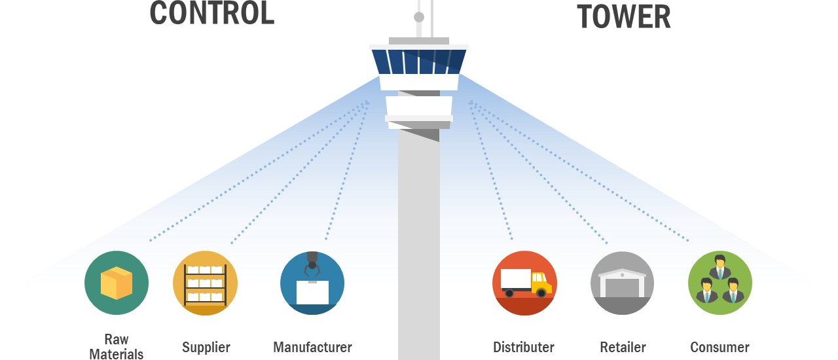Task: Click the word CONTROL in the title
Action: (x=211, y=13)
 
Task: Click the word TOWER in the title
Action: (x=623, y=16)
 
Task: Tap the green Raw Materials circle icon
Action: (x=117, y=283)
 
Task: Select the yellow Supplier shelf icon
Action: (x=205, y=283)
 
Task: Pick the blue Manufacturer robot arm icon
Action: (x=312, y=283)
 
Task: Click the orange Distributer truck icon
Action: (x=524, y=283)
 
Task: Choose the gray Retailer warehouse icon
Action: (x=623, y=283)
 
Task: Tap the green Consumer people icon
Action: (x=720, y=283)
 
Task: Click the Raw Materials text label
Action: (x=117, y=346)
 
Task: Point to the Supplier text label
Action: (x=206, y=347)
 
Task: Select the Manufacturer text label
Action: (x=312, y=347)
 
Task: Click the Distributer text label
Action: (x=524, y=347)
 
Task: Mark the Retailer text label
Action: (x=623, y=347)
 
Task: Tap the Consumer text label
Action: (x=720, y=347)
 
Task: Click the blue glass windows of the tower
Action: (x=419, y=62)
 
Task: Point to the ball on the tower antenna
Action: (x=419, y=17)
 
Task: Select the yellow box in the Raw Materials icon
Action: (x=117, y=283)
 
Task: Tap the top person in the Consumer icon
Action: (x=720, y=267)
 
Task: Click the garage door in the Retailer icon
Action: (x=623, y=288)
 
